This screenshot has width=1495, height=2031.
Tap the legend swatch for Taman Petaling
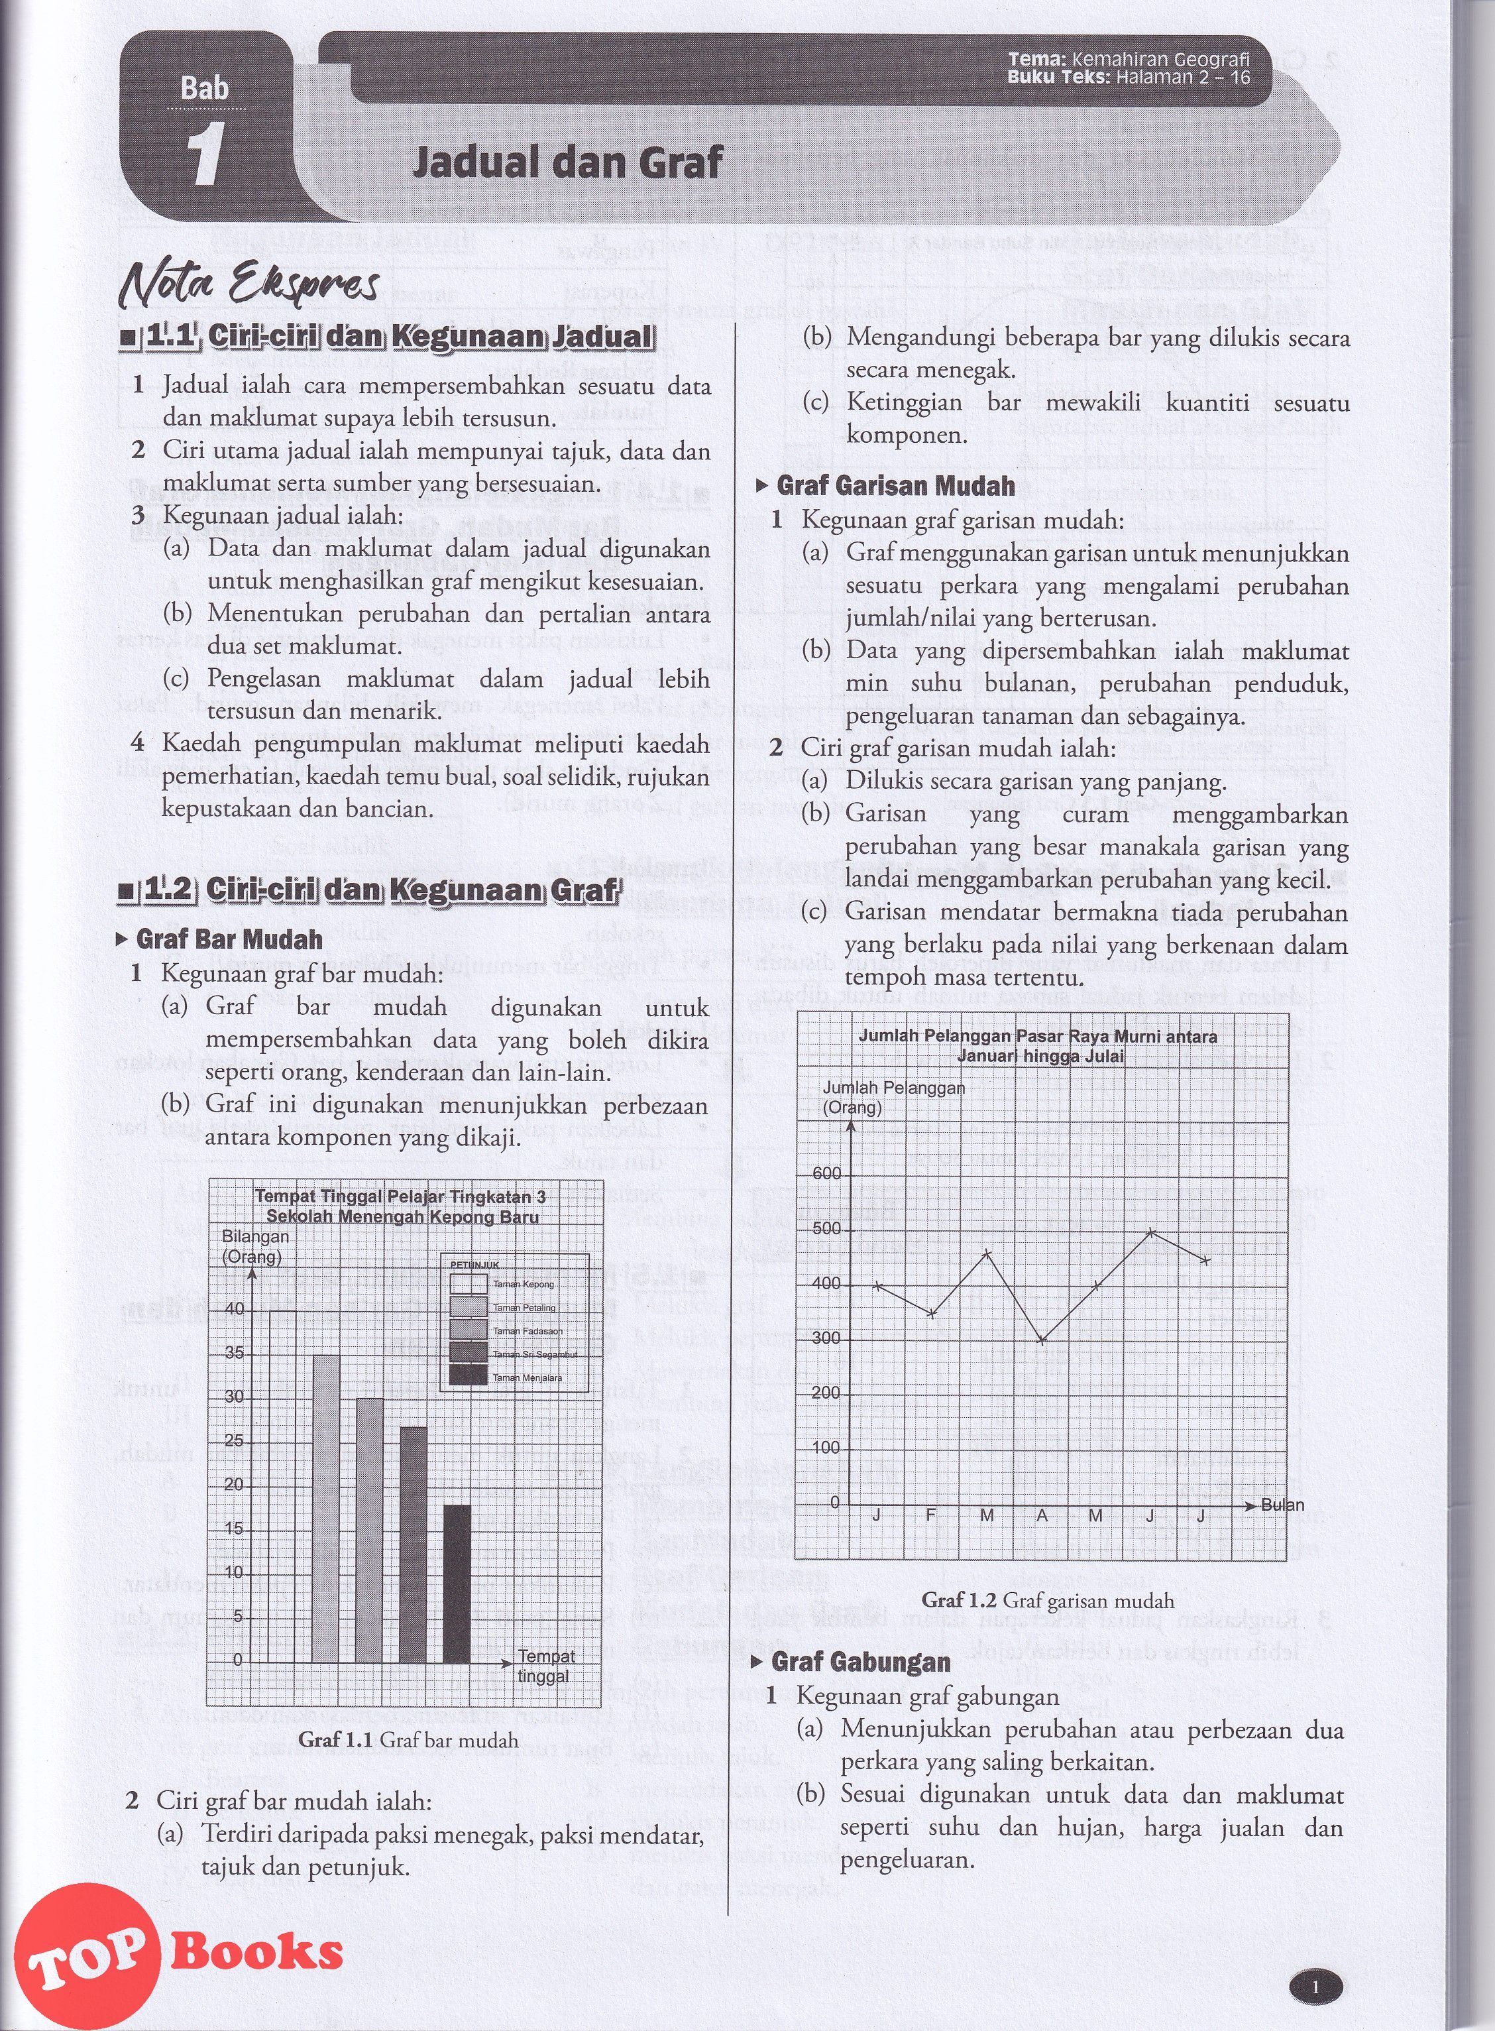click(x=469, y=1305)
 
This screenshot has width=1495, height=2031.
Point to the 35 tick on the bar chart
click(x=235, y=1353)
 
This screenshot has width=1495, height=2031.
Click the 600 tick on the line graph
click(x=828, y=1174)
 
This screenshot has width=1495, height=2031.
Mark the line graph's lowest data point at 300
click(x=1042, y=1340)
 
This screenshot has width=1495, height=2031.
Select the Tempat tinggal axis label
click(x=545, y=1665)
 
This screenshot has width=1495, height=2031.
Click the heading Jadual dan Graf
click(x=567, y=163)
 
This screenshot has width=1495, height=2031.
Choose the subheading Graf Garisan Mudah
click(x=895, y=486)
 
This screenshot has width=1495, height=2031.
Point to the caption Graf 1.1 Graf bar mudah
click(x=408, y=1739)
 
